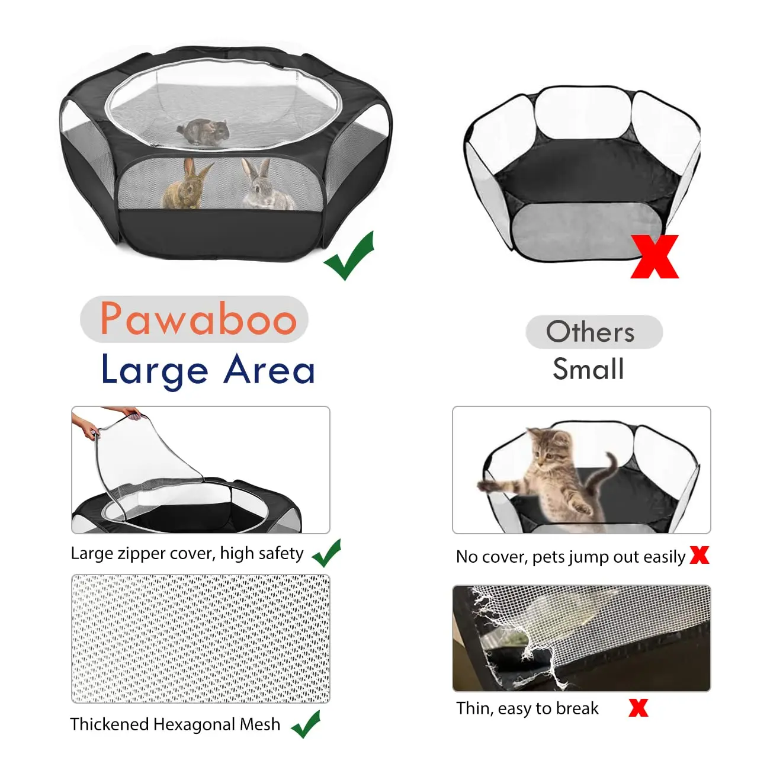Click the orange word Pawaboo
point(198,319)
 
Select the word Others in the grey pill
point(590,332)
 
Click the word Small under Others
point(588,369)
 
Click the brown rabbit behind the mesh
point(187,185)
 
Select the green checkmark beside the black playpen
point(349,256)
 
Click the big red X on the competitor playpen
point(654,256)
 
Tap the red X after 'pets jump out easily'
point(700,555)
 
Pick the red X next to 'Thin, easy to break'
point(638,707)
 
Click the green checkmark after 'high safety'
point(326,553)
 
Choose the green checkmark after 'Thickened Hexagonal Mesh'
point(306,724)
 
